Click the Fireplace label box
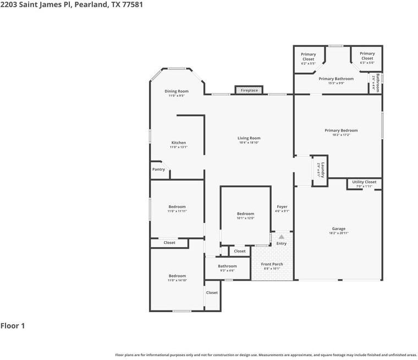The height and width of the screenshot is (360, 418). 249,90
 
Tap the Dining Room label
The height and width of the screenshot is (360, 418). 177,91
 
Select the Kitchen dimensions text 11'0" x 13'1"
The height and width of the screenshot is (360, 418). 178,147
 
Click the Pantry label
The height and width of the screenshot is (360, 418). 158,170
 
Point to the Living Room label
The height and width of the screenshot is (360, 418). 249,138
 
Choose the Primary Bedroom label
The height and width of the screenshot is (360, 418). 341,130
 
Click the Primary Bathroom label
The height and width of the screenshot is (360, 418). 336,79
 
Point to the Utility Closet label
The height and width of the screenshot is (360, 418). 364,182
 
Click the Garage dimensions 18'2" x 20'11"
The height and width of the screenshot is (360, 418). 339,233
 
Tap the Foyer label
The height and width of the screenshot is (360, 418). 282,207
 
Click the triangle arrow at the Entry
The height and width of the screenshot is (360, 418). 282,237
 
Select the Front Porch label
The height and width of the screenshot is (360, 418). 272,264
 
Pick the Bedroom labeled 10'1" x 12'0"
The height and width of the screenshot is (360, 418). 245,214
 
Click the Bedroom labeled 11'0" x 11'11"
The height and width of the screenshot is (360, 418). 177,207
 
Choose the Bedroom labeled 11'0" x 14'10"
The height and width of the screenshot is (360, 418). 177,276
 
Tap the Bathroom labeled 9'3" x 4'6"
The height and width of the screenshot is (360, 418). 227,266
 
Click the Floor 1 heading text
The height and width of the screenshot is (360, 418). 13,326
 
